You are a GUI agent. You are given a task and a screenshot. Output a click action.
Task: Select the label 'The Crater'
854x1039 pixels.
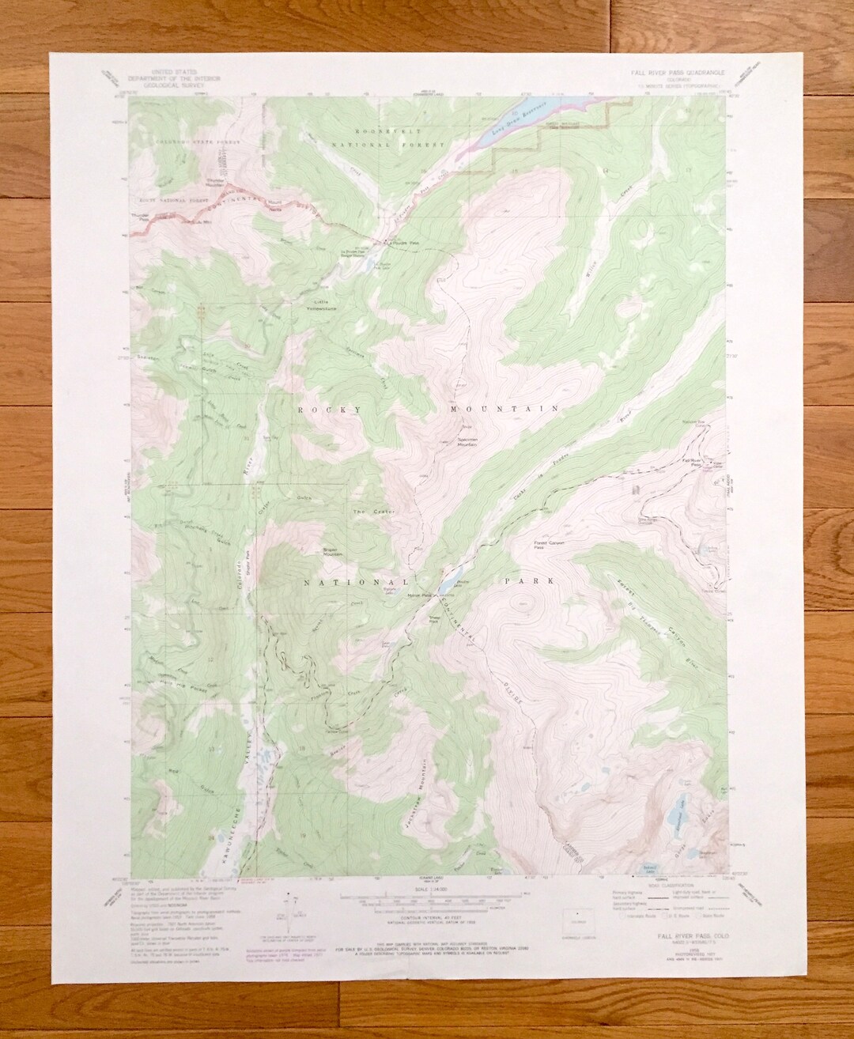pos(367,512)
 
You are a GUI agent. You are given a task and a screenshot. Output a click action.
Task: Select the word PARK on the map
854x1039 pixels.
pos(525,581)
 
